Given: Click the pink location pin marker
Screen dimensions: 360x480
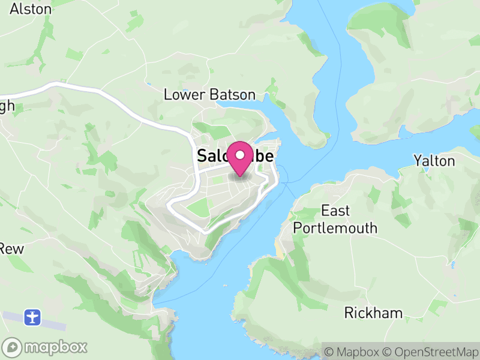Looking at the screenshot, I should (x=241, y=159).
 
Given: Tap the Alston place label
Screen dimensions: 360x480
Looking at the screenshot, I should (x=31, y=8).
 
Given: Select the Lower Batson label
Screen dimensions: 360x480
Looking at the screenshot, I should (x=209, y=95).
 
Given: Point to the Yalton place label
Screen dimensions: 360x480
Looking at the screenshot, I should (x=434, y=161).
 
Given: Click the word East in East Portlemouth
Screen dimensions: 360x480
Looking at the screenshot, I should (x=335, y=211).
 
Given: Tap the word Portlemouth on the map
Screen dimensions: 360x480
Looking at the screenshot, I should (x=335, y=228).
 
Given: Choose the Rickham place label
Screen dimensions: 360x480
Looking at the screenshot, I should (x=373, y=313).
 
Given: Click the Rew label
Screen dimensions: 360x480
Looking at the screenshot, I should (x=11, y=248).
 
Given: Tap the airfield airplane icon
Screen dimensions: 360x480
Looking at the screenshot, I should (x=32, y=316).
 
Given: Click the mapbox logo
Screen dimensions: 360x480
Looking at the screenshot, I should (x=46, y=347).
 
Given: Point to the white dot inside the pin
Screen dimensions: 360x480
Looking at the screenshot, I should (x=241, y=155).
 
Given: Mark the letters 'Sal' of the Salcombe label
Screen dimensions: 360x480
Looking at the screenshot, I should (x=211, y=157).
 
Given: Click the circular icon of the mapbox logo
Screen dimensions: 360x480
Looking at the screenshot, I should (x=12, y=347).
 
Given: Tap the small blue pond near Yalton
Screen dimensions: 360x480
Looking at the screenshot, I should (x=426, y=170).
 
